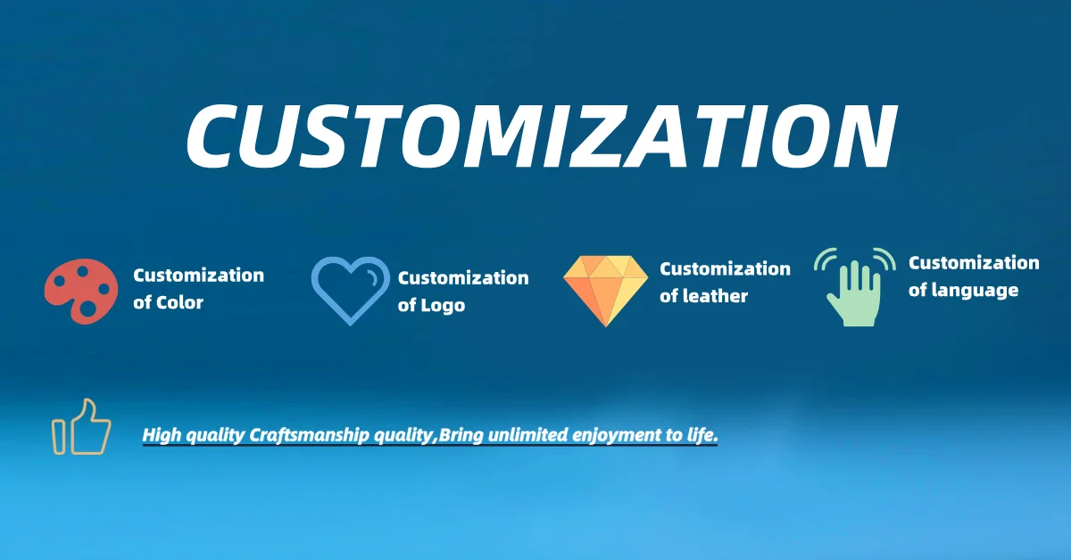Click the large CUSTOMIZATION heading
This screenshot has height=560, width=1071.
(x=542, y=136)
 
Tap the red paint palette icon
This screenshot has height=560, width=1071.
(x=81, y=291)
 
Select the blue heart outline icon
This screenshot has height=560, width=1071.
(x=351, y=291)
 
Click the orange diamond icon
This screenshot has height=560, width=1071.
(x=605, y=291)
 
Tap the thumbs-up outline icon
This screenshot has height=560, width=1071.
(x=81, y=427)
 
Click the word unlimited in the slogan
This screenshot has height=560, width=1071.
(x=527, y=435)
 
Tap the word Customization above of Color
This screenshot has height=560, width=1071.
(x=198, y=276)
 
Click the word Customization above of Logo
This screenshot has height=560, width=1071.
(x=463, y=277)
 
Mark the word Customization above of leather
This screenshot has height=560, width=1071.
(x=725, y=269)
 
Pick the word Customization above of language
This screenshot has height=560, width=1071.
(x=974, y=263)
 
